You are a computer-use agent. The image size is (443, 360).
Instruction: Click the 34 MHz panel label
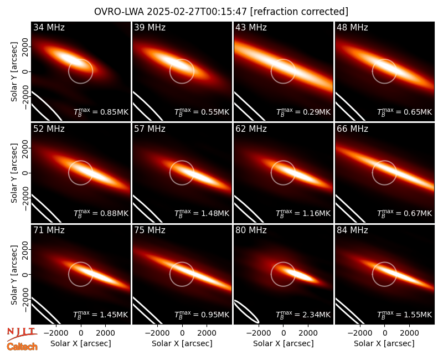pos(49,27)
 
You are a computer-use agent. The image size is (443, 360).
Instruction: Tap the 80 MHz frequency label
pos(251,230)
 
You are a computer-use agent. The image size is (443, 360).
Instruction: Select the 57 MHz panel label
pos(150,129)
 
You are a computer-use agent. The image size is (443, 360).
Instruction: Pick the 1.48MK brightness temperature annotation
pos(212,213)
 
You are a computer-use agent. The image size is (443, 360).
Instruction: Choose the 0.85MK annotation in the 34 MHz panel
pos(111,112)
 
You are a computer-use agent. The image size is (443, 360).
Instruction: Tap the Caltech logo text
pos(22,347)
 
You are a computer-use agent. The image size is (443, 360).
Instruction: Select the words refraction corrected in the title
pos(299,12)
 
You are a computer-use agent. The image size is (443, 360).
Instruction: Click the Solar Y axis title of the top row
pos(14,72)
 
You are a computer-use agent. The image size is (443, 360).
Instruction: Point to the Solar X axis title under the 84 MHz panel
pos(384,343)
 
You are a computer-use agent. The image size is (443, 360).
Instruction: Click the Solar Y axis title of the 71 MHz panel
pos(14,275)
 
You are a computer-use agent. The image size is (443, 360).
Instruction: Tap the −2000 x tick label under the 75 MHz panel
pos(157,333)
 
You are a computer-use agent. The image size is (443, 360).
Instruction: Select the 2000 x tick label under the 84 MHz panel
pos(409,333)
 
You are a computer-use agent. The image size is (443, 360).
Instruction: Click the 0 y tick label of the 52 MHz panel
pos(25,173)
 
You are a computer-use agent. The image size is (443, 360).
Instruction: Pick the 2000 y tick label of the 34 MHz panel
pos(25,47)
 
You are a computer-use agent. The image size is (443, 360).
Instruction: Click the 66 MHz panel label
pos(352,129)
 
